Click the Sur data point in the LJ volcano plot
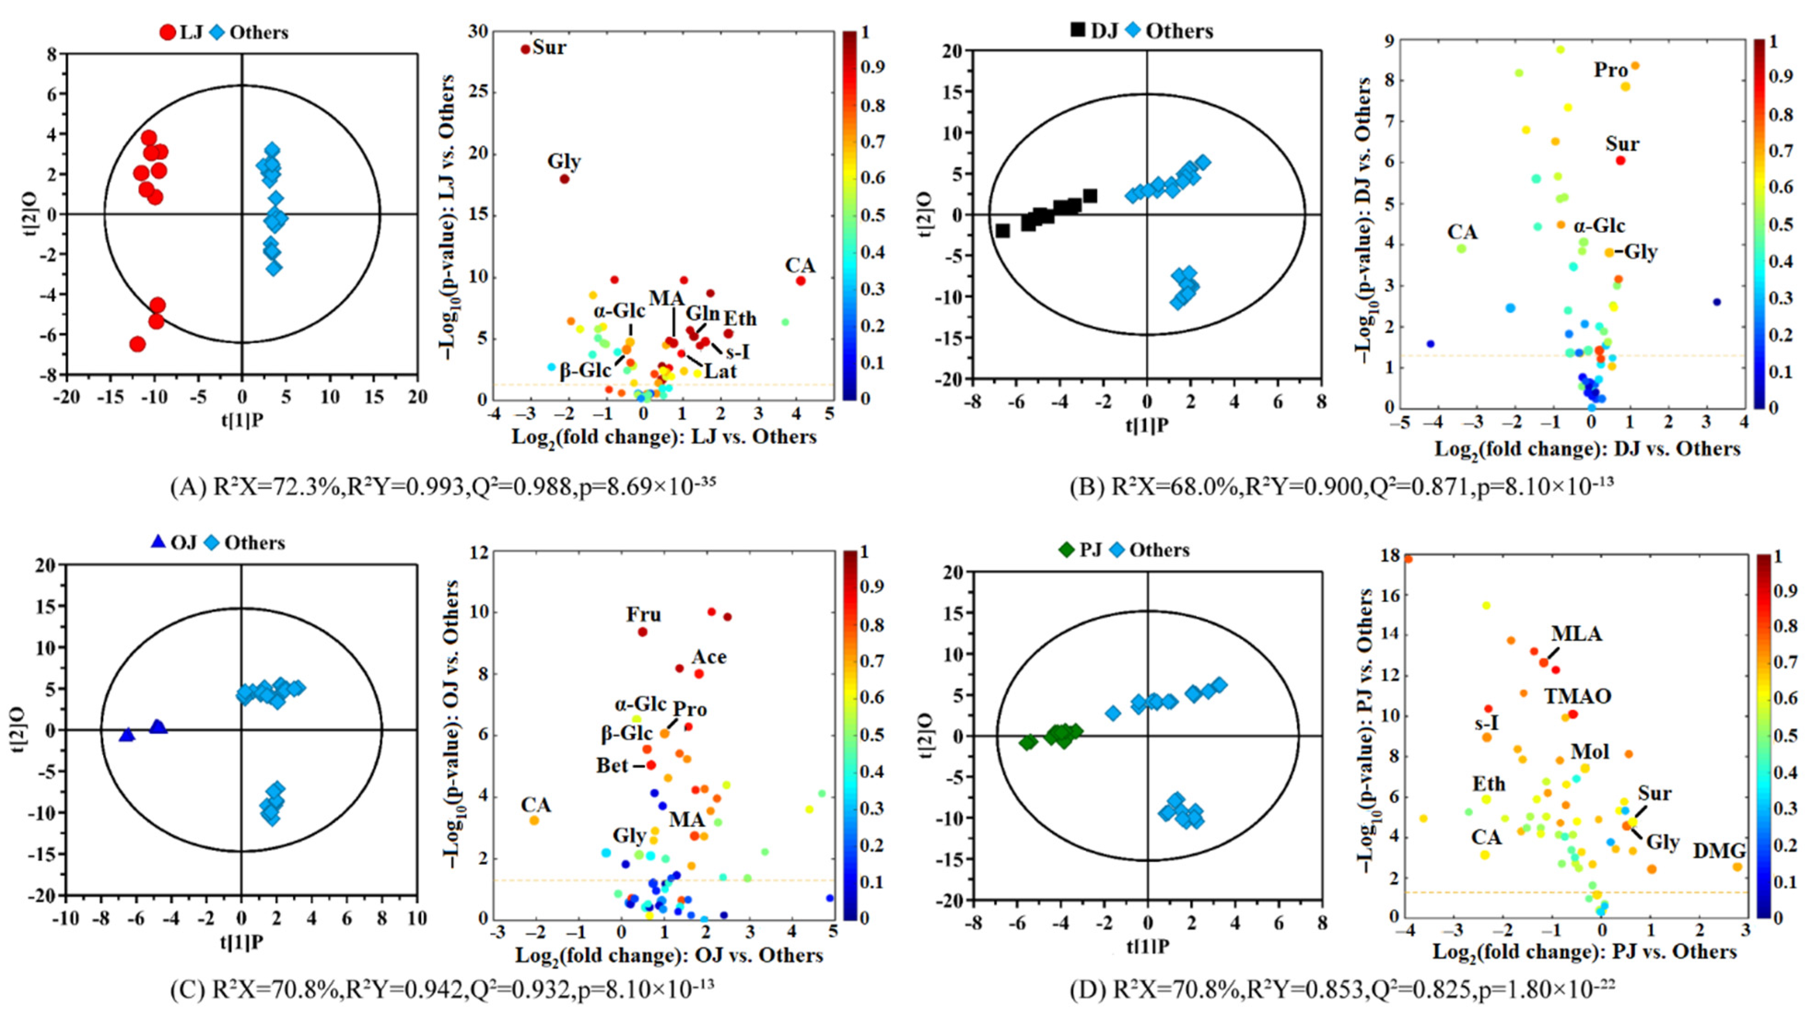click(525, 48)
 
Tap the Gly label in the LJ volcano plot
click(564, 162)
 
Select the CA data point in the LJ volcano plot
click(800, 281)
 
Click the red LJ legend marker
click(167, 32)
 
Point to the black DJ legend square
click(1078, 31)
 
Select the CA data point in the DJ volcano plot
click(1461, 248)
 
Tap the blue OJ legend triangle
click(158, 542)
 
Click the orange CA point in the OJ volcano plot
click(534, 820)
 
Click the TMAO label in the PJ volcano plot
click(1577, 696)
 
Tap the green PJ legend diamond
click(1067, 549)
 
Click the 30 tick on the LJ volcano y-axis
click(478, 32)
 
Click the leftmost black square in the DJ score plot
click(1003, 231)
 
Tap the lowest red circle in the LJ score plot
click(137, 344)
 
